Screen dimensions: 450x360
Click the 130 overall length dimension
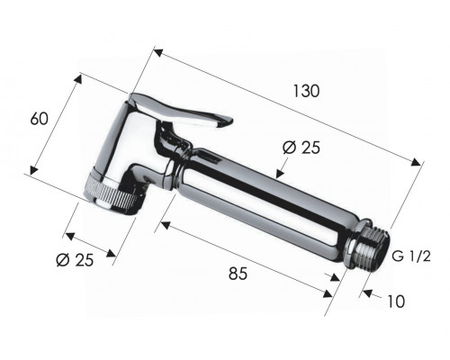click(306, 91)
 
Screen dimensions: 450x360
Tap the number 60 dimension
click(39, 119)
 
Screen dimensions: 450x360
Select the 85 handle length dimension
click(238, 274)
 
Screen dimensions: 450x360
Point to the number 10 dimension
click(396, 301)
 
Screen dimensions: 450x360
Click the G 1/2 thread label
click(411, 256)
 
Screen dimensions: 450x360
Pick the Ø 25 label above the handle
click(301, 148)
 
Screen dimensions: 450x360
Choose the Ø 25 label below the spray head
click(75, 260)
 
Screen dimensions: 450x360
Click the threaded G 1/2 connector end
click(373, 249)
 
